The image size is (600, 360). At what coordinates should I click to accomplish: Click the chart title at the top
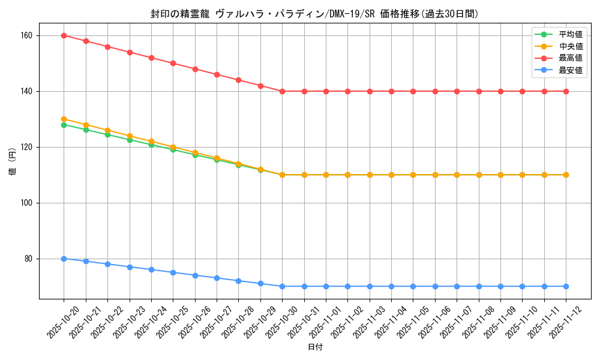coord(314,14)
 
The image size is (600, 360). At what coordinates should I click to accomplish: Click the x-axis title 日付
coord(315,347)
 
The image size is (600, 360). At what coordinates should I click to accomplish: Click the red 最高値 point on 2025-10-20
coord(64,35)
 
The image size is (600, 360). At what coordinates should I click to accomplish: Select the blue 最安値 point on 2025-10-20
coord(64,259)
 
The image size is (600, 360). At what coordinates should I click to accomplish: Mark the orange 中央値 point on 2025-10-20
coord(64,119)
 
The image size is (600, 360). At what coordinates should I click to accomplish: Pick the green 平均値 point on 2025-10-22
coord(107,134)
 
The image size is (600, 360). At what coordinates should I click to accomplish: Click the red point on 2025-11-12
coord(566,91)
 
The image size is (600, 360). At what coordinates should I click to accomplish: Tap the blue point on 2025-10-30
coord(282,286)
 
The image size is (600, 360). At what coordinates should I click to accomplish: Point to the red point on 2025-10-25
coord(173,63)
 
